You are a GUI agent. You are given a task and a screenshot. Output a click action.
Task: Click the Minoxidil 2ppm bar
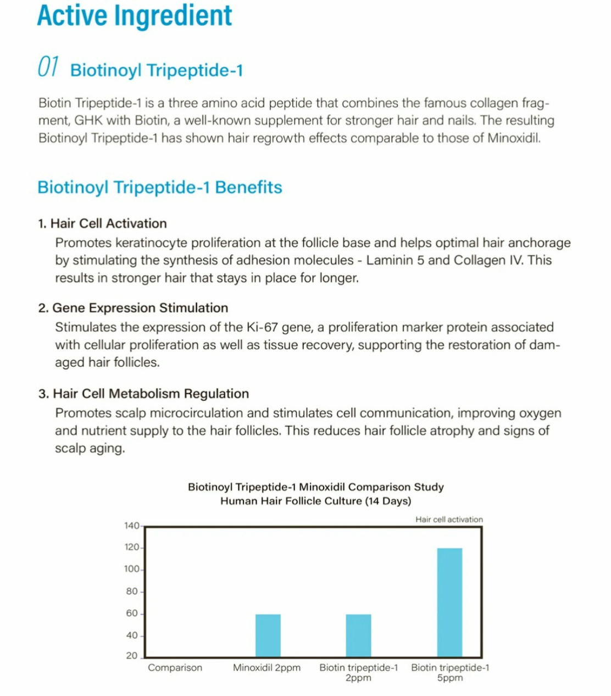(x=268, y=635)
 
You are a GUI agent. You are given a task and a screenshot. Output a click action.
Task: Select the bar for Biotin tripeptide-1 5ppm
(x=449, y=602)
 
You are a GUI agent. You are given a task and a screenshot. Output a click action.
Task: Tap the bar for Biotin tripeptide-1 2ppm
(x=359, y=635)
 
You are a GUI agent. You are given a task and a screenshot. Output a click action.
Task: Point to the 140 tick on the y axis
(x=132, y=526)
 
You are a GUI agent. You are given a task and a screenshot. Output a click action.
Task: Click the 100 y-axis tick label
(x=132, y=569)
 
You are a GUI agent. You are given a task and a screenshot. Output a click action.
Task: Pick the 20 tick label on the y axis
(x=132, y=656)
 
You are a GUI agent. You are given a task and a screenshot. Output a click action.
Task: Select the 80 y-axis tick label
(x=132, y=592)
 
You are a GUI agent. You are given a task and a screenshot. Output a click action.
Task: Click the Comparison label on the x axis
(x=175, y=668)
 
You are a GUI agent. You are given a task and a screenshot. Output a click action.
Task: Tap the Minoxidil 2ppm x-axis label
(x=267, y=668)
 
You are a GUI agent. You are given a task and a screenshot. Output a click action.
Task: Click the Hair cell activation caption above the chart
(x=449, y=520)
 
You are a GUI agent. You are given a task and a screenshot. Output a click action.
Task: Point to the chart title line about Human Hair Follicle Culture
(x=316, y=501)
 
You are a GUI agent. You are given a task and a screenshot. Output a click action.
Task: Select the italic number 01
(x=48, y=67)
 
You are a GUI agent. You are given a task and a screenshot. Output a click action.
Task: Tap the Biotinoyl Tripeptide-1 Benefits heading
(x=160, y=187)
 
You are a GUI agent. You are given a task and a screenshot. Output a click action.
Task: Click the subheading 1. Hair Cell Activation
(x=102, y=224)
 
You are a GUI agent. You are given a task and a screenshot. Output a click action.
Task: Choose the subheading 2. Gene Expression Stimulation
(x=134, y=308)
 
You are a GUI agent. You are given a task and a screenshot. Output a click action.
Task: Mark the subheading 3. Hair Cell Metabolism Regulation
(x=143, y=394)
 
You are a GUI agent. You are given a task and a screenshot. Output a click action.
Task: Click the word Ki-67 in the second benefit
(x=262, y=328)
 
